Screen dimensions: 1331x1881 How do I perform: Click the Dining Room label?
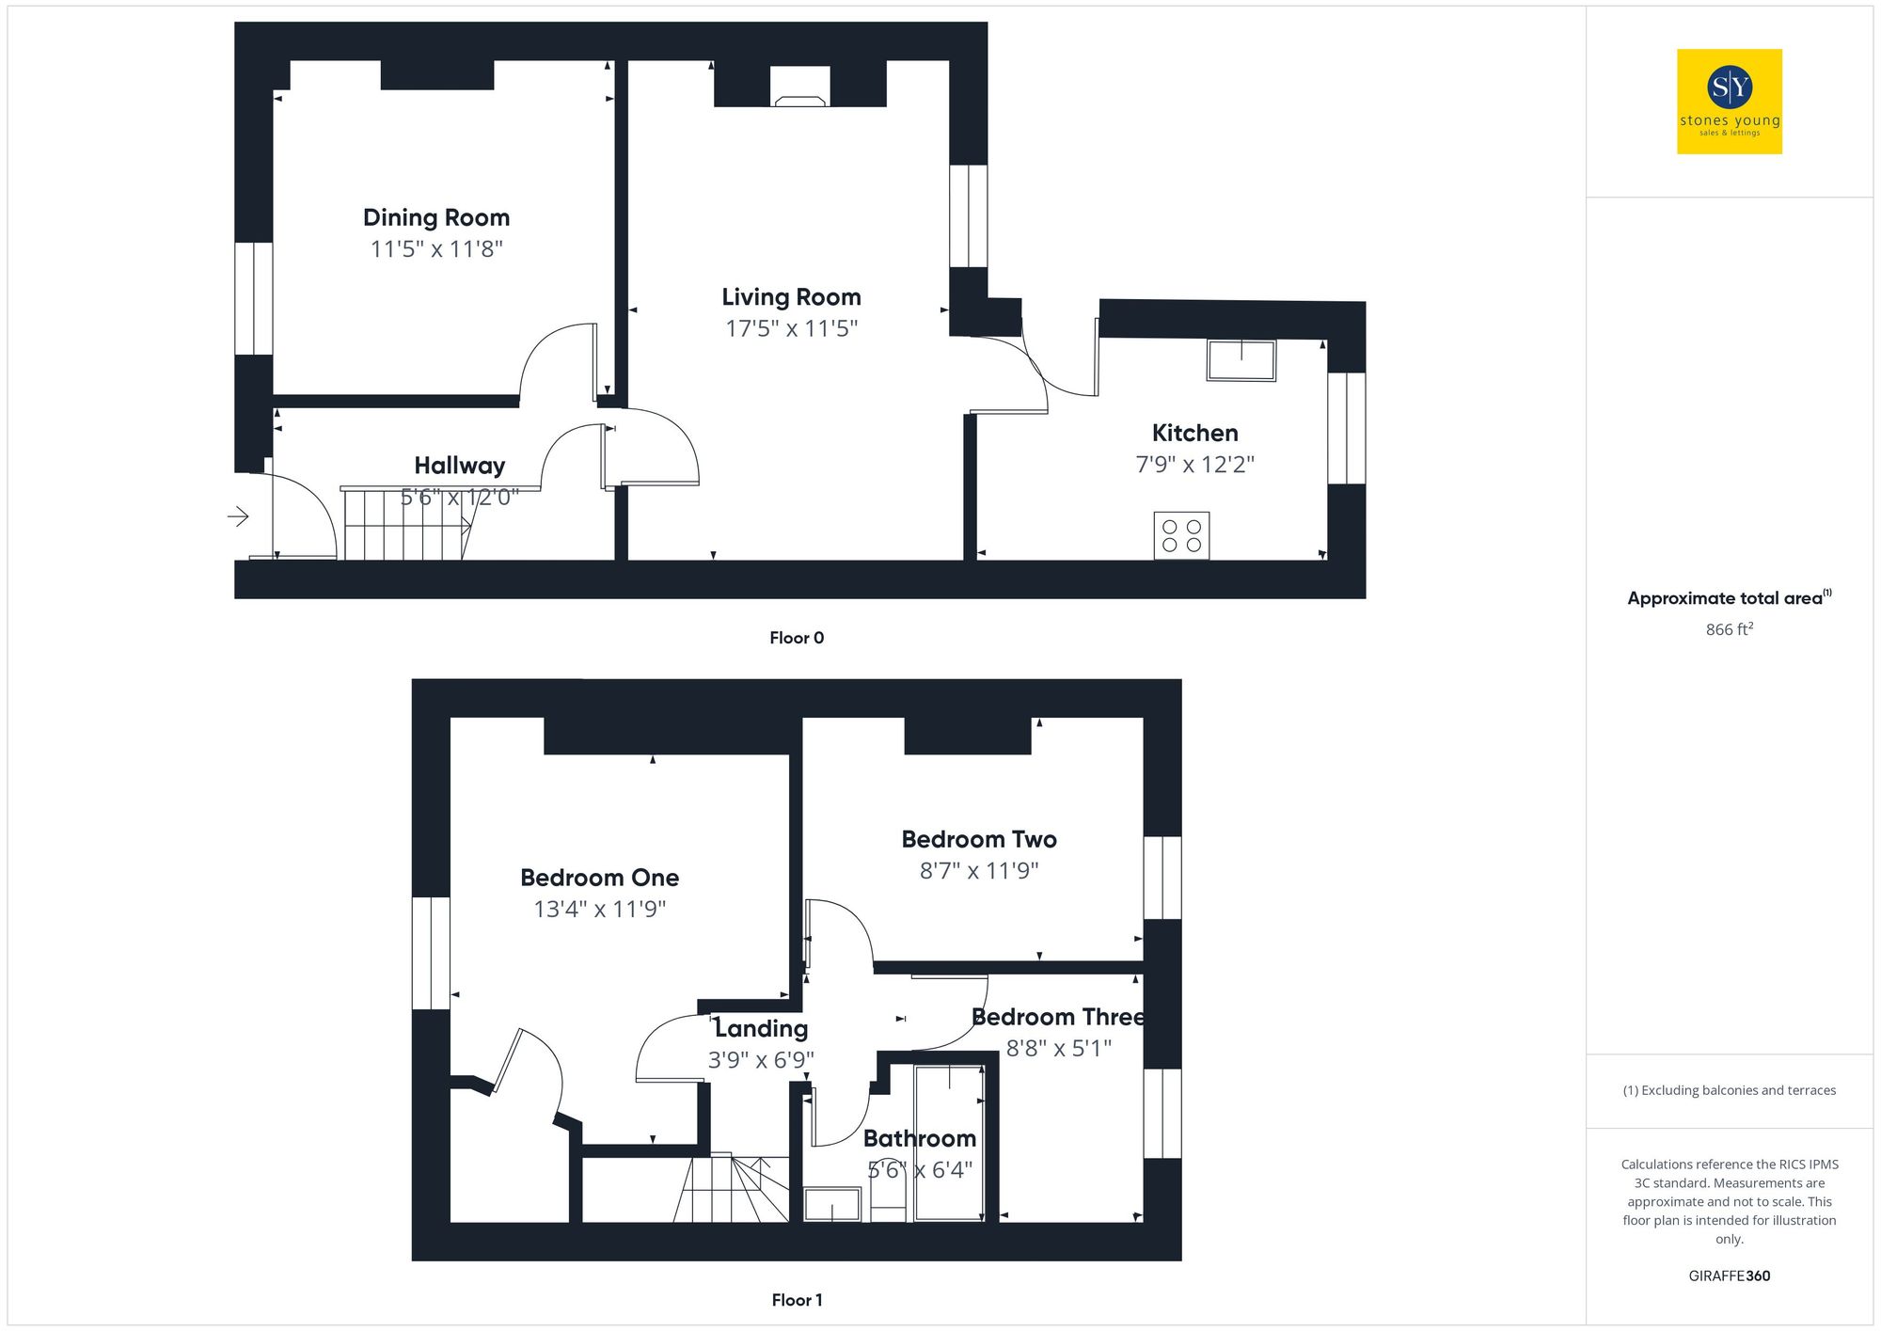(x=436, y=217)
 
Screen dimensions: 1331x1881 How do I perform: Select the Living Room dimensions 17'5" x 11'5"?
(x=791, y=328)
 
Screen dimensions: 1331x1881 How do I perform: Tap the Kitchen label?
(x=1194, y=433)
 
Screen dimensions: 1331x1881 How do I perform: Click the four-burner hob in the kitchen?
(x=1181, y=535)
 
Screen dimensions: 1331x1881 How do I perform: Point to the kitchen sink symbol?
(x=1241, y=360)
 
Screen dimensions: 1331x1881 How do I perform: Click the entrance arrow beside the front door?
(x=238, y=515)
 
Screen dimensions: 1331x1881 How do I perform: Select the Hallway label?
(x=459, y=466)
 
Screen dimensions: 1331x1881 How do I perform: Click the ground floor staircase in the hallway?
(x=404, y=527)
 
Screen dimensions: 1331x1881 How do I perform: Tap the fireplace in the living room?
(x=799, y=87)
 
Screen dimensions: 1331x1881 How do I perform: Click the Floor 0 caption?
(x=797, y=638)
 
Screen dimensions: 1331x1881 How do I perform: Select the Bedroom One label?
(x=599, y=878)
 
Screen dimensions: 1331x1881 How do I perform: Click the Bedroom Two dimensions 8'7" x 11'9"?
(x=978, y=871)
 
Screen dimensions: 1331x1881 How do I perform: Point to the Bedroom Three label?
(x=1058, y=1017)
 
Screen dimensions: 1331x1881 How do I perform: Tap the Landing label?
(x=761, y=1028)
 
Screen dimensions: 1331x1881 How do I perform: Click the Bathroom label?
(x=919, y=1138)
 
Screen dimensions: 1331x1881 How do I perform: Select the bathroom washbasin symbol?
(x=832, y=1205)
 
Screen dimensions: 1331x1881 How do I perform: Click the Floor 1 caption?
(x=797, y=1300)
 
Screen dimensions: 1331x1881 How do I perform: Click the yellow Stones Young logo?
(x=1729, y=102)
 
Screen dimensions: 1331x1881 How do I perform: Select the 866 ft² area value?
(x=1729, y=629)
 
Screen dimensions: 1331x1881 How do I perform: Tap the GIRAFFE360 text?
(x=1729, y=1276)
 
